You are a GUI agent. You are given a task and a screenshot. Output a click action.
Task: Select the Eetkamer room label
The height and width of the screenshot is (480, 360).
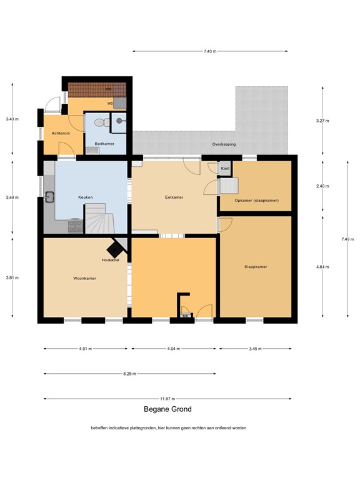(x=174, y=197)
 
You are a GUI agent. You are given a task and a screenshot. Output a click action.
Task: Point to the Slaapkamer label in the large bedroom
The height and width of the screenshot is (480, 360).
(x=256, y=267)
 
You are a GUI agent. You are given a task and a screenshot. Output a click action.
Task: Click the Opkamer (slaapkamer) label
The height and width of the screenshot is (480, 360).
(x=256, y=200)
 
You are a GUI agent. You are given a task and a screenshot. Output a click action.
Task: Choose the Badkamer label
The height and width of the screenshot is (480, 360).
(x=103, y=144)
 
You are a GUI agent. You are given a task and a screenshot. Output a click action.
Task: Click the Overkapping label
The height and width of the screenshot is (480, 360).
(x=224, y=144)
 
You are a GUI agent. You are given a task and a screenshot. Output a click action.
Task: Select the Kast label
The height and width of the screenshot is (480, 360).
(x=225, y=169)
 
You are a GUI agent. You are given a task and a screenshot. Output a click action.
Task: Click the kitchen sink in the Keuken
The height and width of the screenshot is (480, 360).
(x=49, y=197)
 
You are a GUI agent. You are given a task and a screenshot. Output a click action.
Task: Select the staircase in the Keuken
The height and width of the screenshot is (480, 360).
(x=99, y=219)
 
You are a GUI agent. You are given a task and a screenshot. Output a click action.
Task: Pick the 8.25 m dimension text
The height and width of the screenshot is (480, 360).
(x=129, y=374)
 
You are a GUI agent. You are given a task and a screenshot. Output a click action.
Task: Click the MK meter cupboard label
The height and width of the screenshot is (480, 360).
(x=185, y=316)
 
